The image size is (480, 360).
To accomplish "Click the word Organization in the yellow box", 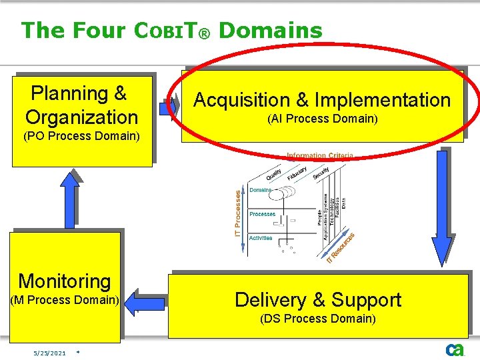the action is pos(81,117).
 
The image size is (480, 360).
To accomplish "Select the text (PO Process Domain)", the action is pos(81,137).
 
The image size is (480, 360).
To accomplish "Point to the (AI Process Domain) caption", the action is pos(322,119).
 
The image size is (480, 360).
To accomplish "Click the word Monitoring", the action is pos(65,281).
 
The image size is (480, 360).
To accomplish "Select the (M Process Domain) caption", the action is pos(65,300).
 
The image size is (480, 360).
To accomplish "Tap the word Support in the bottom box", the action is pos(366,300).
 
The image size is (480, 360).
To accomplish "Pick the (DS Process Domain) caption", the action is pos(318,319).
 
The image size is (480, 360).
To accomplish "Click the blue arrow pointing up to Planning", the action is pos(70,197).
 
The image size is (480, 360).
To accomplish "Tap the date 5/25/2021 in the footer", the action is pos(51,353).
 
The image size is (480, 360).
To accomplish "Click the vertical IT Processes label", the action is pos(238,211).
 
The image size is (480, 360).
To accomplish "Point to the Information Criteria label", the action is pos(319,156).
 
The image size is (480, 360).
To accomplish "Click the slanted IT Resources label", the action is pos(339,247).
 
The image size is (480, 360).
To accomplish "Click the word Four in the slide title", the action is pos(99,31).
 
